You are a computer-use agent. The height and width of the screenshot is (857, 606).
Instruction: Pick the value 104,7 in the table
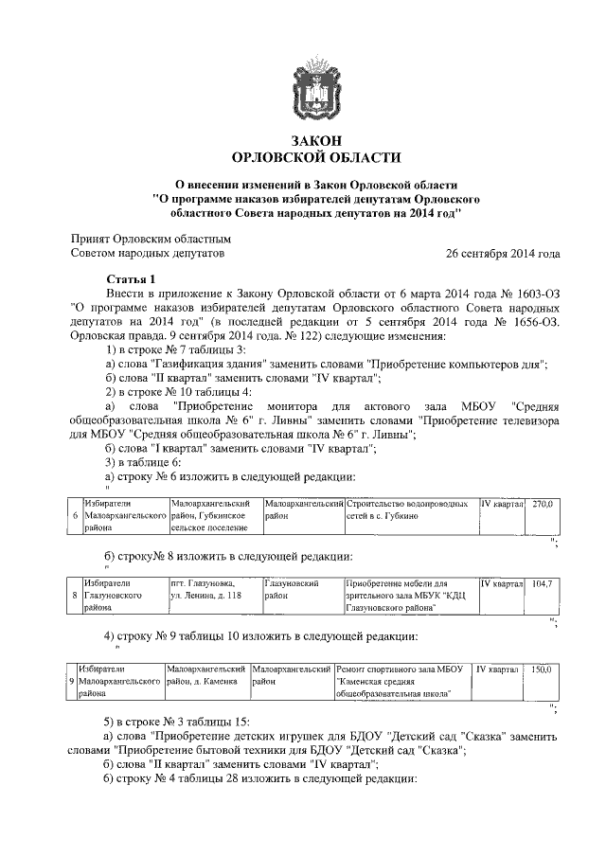coord(542,584)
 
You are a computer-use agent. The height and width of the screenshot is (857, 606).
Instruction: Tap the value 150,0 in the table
coord(542,669)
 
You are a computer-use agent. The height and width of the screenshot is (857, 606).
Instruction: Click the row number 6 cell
coord(75,516)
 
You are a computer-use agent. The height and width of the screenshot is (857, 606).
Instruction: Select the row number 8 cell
coord(75,597)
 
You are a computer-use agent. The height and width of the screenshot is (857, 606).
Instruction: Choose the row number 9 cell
coord(72,681)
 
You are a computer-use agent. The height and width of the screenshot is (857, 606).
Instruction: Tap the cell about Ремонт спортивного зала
coord(402,681)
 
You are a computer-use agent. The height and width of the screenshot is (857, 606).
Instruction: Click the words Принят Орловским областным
coord(151,240)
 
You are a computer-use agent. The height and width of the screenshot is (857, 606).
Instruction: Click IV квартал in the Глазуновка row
coord(502,584)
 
